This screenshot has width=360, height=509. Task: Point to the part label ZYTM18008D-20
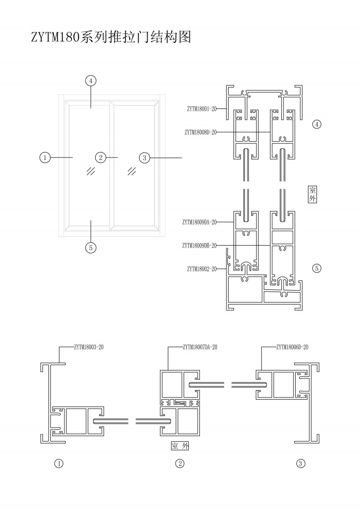click(x=201, y=132)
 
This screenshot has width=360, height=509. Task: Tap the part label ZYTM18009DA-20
click(x=200, y=222)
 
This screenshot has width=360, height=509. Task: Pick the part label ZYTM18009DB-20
click(x=200, y=245)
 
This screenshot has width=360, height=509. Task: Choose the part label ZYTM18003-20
click(x=88, y=347)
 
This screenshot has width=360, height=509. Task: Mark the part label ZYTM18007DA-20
click(x=200, y=347)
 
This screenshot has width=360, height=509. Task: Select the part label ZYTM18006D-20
click(x=292, y=347)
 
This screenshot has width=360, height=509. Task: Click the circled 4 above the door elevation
click(x=91, y=81)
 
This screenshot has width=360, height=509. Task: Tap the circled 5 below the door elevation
click(x=91, y=247)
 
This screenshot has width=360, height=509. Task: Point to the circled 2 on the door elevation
click(x=100, y=157)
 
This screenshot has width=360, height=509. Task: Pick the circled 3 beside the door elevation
click(x=144, y=158)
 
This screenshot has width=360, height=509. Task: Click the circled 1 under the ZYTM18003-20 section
click(x=58, y=463)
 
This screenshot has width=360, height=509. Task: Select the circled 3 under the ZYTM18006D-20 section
click(x=301, y=463)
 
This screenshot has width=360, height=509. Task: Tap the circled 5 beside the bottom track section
click(x=317, y=268)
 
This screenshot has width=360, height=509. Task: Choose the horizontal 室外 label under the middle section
click(x=180, y=446)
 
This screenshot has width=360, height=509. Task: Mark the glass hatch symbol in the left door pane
click(x=91, y=171)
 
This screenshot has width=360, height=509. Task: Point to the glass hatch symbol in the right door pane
click(x=132, y=171)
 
